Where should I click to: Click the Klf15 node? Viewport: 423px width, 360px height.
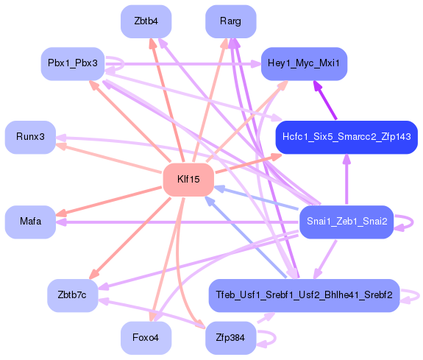pyautogui.click(x=188, y=180)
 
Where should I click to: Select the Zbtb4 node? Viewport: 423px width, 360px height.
pyautogui.click(x=146, y=22)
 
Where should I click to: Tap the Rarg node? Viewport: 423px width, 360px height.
pyautogui.click(x=230, y=22)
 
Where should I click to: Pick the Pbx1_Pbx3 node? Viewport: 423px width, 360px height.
pyautogui.click(x=73, y=64)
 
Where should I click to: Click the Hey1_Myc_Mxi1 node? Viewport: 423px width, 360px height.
pyautogui.click(x=304, y=64)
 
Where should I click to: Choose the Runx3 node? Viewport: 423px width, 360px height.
pyautogui.click(x=30, y=138)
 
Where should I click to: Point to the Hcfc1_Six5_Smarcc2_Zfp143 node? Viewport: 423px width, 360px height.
pyautogui.click(x=346, y=138)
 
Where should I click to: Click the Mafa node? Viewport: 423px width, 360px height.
pyautogui.click(x=30, y=222)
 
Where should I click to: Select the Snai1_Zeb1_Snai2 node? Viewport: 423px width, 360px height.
pyautogui.click(x=346, y=222)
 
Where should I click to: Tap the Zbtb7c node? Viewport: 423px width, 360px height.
pyautogui.click(x=73, y=295)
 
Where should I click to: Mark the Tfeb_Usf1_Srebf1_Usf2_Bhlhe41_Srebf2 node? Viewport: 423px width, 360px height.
pyautogui.click(x=304, y=295)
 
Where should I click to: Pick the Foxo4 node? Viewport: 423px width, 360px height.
pyautogui.click(x=146, y=338)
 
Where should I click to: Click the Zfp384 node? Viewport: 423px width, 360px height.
pyautogui.click(x=230, y=338)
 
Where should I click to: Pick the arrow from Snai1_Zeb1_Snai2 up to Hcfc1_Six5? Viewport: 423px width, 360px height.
pyautogui.click(x=346, y=180)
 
